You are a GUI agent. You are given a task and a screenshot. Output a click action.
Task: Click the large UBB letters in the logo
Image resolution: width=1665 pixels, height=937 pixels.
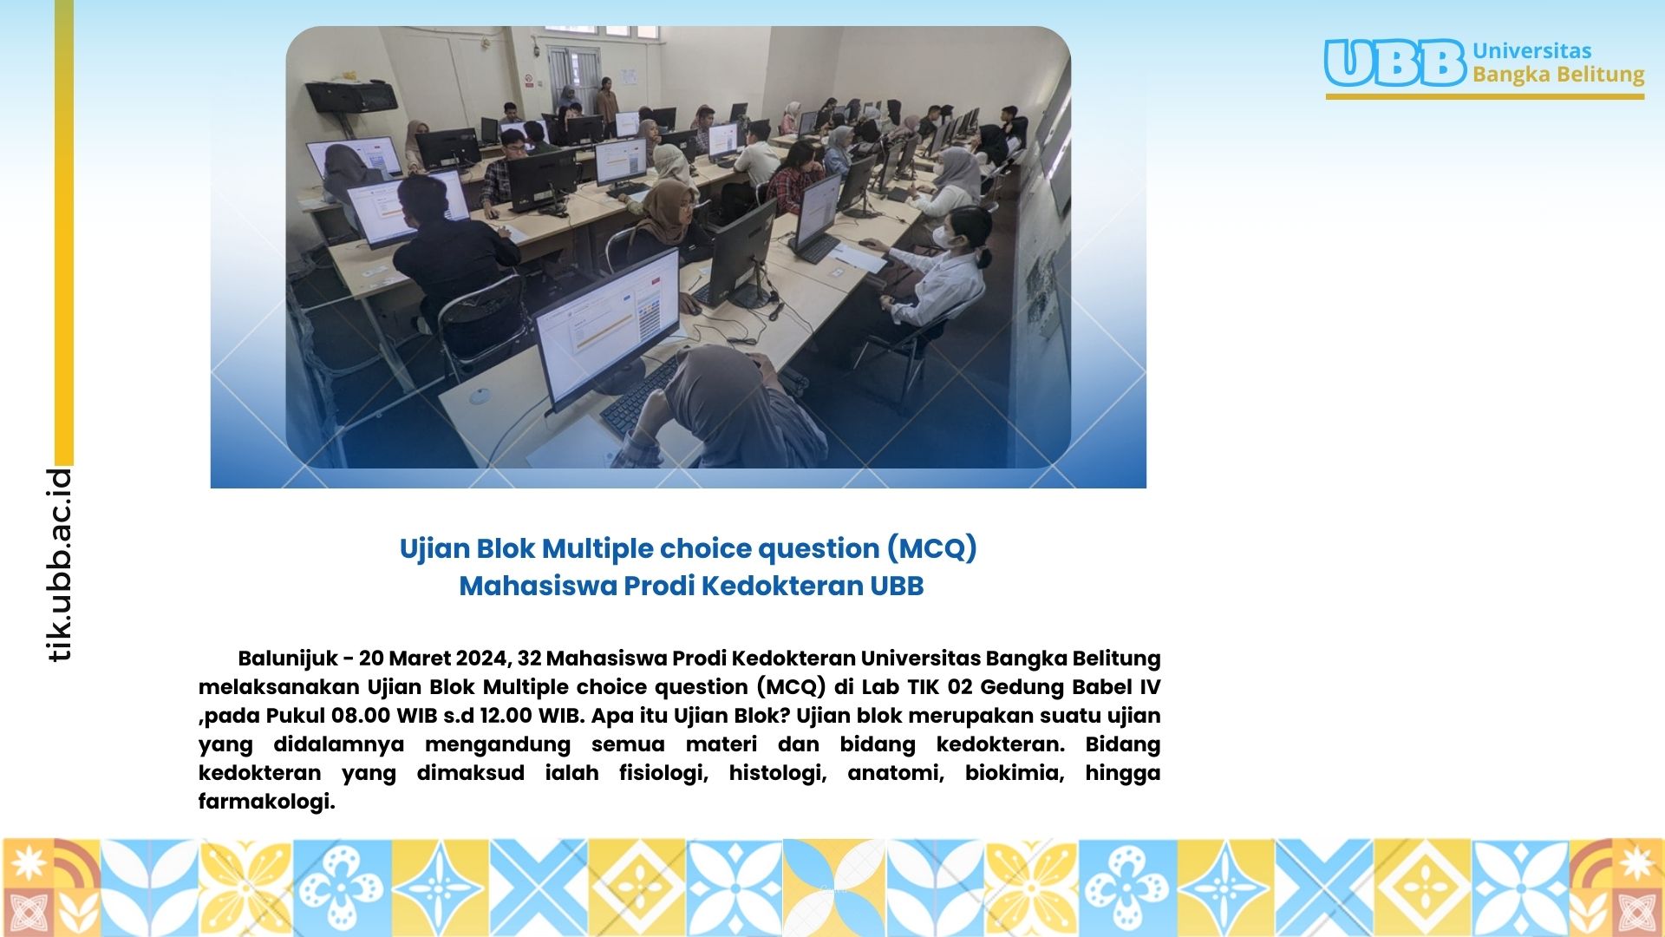[x=1394, y=62]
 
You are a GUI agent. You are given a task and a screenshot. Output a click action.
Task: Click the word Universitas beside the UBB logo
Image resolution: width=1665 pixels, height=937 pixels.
[x=1531, y=50]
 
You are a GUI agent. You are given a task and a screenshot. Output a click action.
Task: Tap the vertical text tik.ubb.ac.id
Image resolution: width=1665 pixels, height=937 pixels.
[x=59, y=565]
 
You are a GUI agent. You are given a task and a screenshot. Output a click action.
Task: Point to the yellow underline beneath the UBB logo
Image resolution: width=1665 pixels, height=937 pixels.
[x=1485, y=96]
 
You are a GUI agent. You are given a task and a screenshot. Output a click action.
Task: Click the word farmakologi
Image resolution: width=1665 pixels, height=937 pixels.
[x=266, y=802]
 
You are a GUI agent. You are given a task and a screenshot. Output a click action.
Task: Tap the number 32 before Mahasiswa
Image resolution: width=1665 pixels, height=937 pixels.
[x=529, y=658]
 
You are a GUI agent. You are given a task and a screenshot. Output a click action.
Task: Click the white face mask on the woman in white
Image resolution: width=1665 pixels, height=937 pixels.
[x=945, y=236]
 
